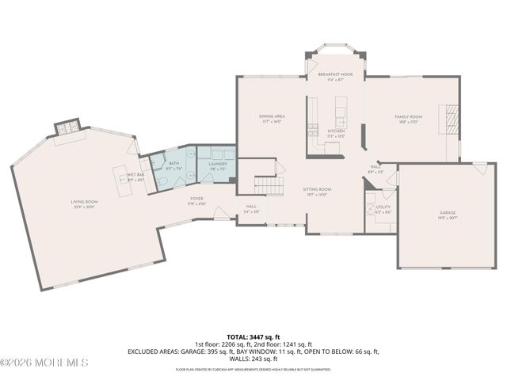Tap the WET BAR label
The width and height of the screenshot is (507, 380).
click(x=135, y=175)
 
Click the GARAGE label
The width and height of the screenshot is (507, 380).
click(x=448, y=214)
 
